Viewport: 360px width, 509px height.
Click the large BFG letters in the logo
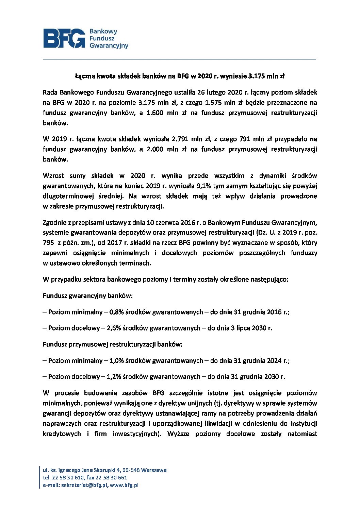tap(64, 38)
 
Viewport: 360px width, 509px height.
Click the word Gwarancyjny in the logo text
tap(109, 46)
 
